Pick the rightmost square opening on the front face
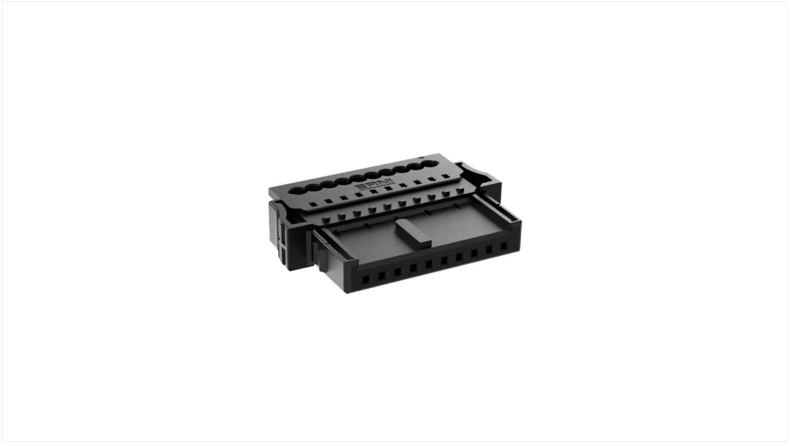(x=503, y=246)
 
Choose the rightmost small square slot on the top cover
(x=445, y=177)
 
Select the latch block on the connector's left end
(x=277, y=236)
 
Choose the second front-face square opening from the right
(x=490, y=250)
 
